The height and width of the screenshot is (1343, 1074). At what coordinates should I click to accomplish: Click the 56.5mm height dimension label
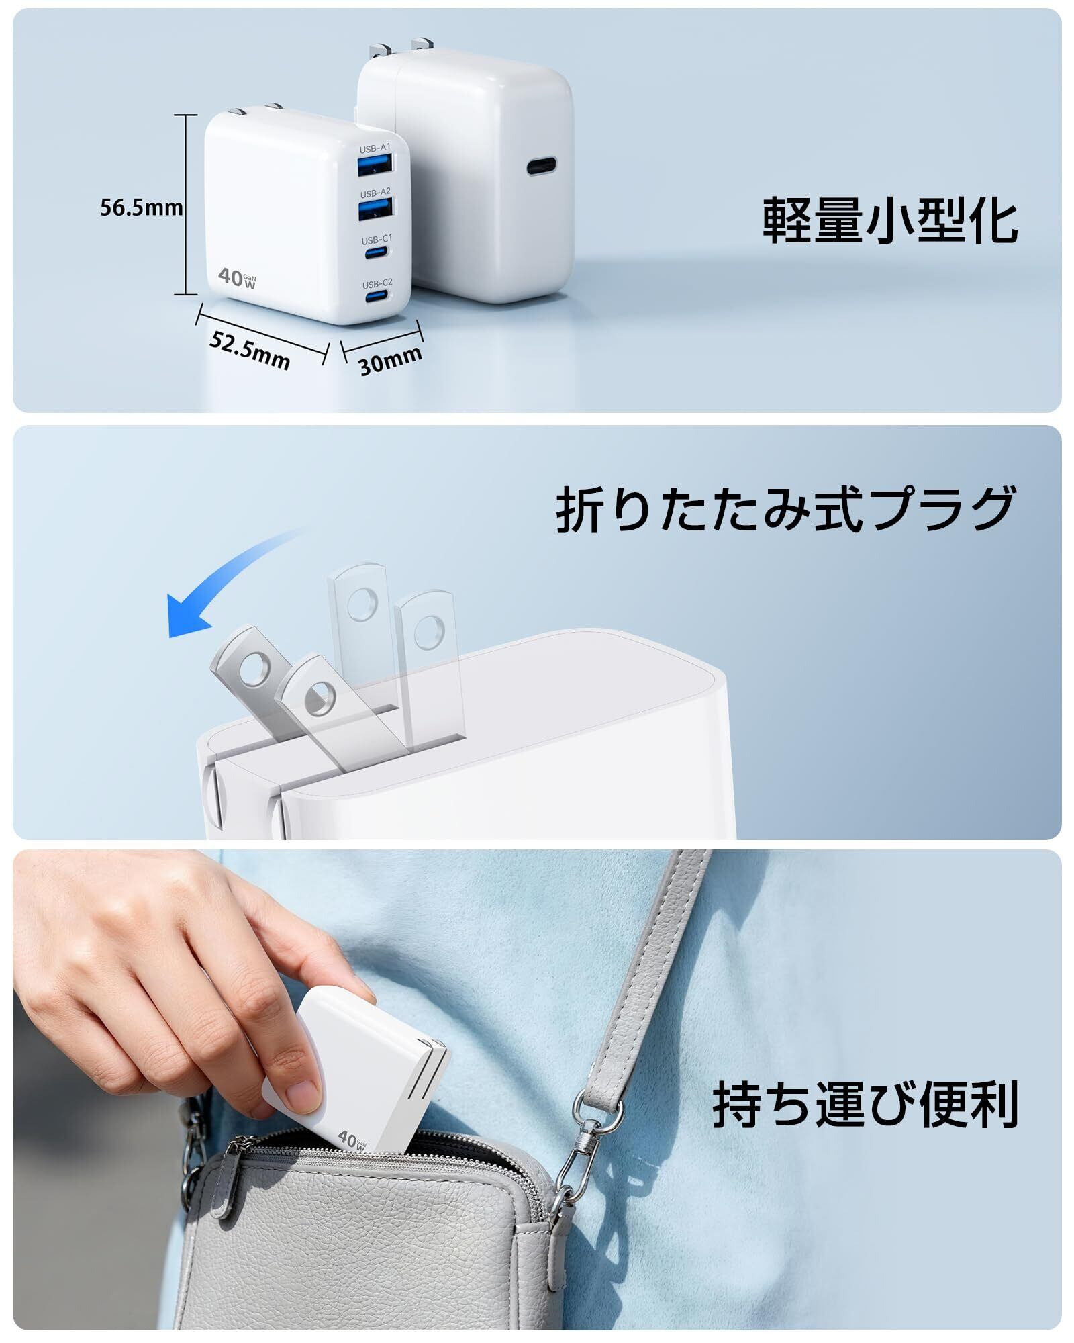click(x=142, y=207)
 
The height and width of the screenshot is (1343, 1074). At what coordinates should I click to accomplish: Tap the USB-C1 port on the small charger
click(x=376, y=254)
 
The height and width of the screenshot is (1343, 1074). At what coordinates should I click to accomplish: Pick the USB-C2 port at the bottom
click(x=376, y=297)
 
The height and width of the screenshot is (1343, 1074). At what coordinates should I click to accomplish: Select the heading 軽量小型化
click(x=890, y=220)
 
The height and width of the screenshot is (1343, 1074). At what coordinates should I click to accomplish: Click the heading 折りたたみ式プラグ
click(x=785, y=510)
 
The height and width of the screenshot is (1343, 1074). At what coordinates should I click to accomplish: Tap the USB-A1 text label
click(x=375, y=148)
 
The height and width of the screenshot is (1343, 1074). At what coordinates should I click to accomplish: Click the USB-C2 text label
click(x=377, y=283)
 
